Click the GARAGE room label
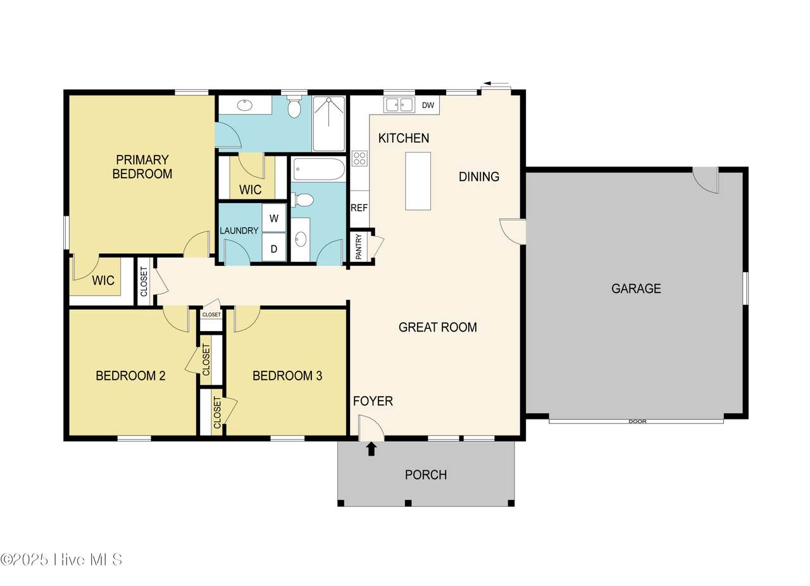coord(636,289)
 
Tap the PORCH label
coord(426,475)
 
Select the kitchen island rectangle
coord(418,181)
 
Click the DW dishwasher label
coord(428,105)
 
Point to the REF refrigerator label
coord(359,208)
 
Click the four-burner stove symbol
coord(359,158)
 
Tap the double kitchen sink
coord(399,105)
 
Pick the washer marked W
coord(274,218)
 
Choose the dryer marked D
coord(274,248)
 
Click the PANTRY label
coord(359,247)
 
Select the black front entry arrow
coord(371,450)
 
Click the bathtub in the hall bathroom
coord(318,169)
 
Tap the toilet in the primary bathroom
coord(294,106)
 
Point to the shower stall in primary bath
coord(328,123)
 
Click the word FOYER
coord(373,401)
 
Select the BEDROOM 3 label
coord(287,376)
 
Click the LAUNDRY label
coord(239,230)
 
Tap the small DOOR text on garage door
coord(637,421)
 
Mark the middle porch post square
coord(408,503)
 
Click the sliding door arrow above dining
coord(492,84)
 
